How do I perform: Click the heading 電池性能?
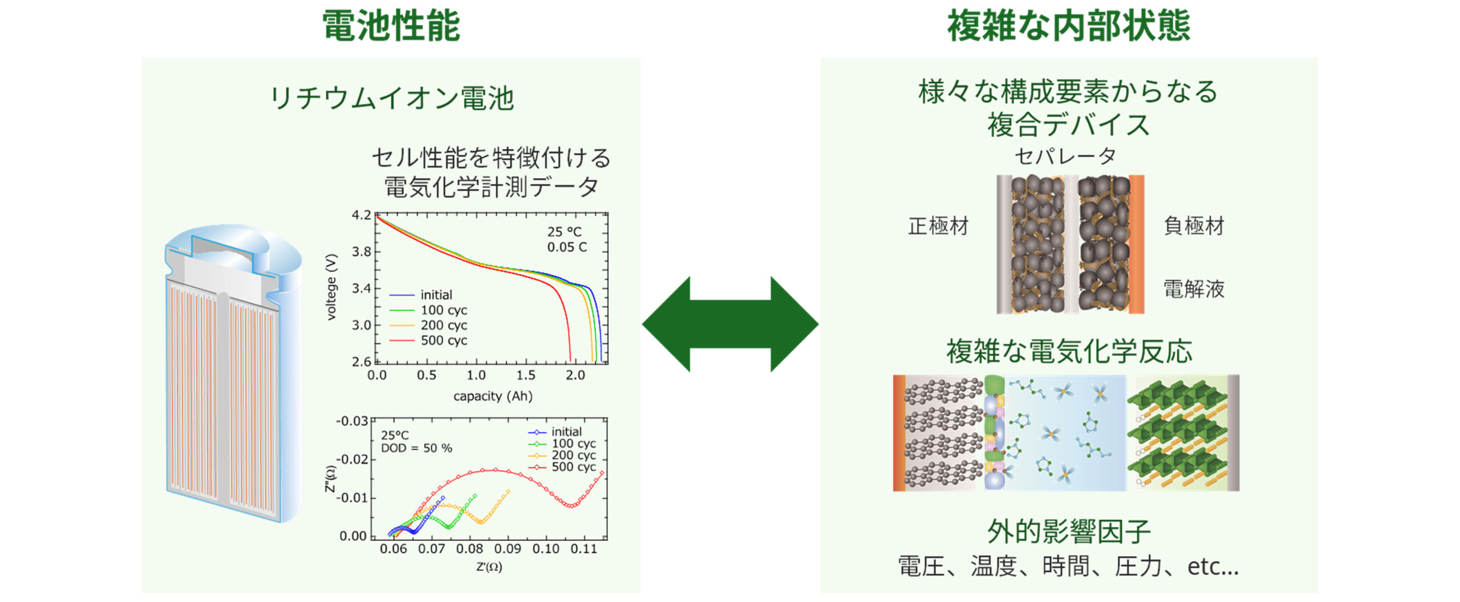[391, 26]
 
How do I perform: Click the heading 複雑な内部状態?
[1069, 26]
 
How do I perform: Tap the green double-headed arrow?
[730, 324]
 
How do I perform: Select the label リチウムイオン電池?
[391, 98]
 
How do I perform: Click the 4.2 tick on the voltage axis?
[361, 215]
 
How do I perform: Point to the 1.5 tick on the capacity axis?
[525, 375]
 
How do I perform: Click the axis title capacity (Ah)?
[493, 396]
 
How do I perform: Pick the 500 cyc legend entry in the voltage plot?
[443, 340]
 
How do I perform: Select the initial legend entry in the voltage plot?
[436, 295]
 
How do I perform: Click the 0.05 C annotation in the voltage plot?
[567, 247]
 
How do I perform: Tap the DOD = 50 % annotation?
[416, 448]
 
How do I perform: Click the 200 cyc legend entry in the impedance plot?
[573, 455]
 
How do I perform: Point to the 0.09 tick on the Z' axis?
[508, 549]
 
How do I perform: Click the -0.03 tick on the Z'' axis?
[352, 421]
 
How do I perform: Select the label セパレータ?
[1065, 156]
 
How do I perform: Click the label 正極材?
[938, 226]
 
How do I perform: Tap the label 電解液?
[1194, 289]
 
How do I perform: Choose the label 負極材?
[1194, 226]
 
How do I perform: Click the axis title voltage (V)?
[331, 287]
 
